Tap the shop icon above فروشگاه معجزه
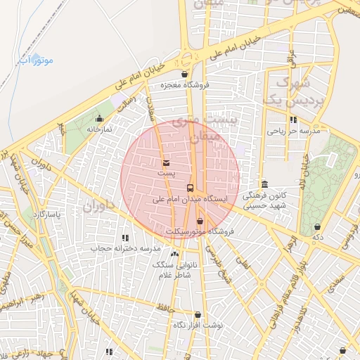tap(184, 73)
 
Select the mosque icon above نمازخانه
tap(99, 118)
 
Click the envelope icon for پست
tap(166, 162)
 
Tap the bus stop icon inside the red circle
tap(191, 188)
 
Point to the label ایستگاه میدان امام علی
tap(191, 200)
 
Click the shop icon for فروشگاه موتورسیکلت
tap(200, 221)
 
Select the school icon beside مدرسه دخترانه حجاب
tap(125, 238)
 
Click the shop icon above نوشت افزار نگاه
tap(197, 315)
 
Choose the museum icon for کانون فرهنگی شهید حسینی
tap(264, 184)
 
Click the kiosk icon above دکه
tap(319, 226)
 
